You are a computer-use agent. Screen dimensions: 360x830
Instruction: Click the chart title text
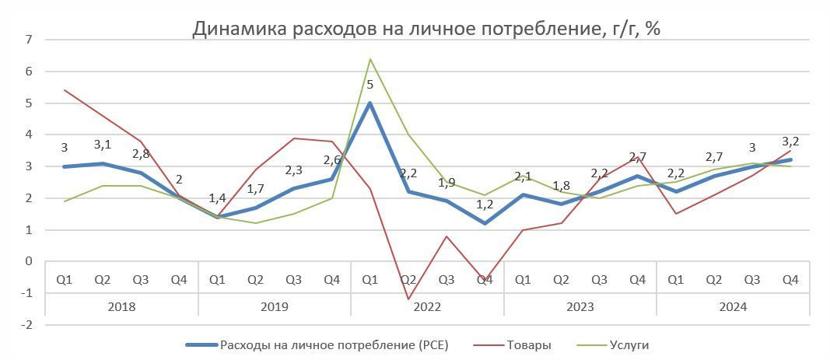coord(426,30)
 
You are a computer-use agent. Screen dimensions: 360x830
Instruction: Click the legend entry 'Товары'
coord(528,344)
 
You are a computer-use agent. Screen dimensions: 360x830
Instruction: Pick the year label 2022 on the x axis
coord(427,306)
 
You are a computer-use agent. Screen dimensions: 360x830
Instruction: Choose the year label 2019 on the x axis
coord(275,306)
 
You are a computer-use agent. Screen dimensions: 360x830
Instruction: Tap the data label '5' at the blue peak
coord(369,84)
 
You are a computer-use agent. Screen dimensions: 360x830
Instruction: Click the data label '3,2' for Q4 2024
coord(790,142)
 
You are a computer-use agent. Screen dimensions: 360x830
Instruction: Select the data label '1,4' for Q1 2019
coord(218,199)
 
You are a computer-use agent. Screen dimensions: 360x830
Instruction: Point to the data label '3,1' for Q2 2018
coord(103,145)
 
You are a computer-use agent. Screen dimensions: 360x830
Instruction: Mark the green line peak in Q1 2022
coord(369,59)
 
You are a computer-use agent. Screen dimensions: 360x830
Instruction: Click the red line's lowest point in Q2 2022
coord(408,299)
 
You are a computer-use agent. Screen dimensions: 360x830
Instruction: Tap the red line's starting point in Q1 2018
coord(65,90)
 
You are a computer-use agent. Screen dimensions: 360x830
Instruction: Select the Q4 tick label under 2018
coord(179,279)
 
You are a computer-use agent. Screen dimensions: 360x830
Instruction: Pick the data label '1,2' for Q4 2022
coord(484,205)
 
